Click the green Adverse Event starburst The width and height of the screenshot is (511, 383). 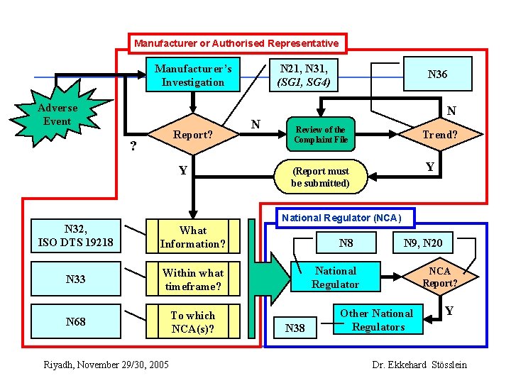coord(58,116)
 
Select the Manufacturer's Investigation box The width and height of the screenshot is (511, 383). coord(192,75)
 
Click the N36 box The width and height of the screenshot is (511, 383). coord(437,74)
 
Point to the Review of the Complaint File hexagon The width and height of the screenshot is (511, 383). coord(320,135)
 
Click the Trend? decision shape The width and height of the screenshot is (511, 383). coord(439,135)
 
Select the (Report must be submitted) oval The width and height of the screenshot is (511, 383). coord(320,177)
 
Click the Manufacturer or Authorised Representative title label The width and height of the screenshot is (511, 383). coord(236,43)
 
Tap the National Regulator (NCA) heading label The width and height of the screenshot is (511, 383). coord(341,218)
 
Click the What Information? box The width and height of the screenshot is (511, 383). coord(192,237)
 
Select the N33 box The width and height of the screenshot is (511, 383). coord(75,279)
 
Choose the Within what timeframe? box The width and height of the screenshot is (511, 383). coord(192,279)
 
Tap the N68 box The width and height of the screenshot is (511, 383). coord(75,321)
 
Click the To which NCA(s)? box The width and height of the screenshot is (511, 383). coord(192,321)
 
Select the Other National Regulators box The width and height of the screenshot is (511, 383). coord(376,320)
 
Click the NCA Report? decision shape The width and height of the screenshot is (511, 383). coord(439,277)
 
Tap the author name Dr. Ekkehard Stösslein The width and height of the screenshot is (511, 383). coord(419,365)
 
